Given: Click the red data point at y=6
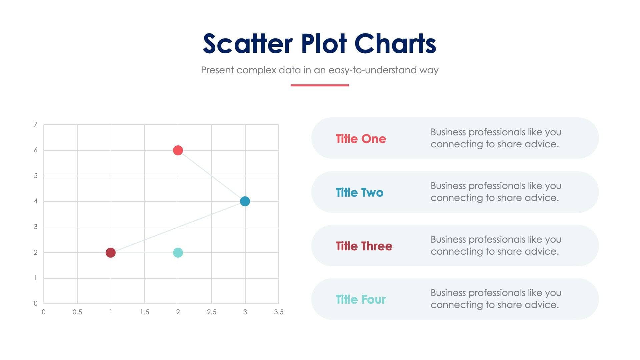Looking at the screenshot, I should pyautogui.click(x=178, y=150).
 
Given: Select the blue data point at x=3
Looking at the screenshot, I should pyautogui.click(x=245, y=201).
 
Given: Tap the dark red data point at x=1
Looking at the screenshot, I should pyautogui.click(x=111, y=253).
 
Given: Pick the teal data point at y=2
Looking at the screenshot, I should pyautogui.click(x=178, y=253).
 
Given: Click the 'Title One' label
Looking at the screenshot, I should pyautogui.click(x=361, y=139).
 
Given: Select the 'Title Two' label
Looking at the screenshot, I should pyautogui.click(x=359, y=192).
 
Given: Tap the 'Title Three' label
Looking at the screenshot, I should pyautogui.click(x=364, y=246).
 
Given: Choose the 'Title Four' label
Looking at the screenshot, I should pyautogui.click(x=360, y=299).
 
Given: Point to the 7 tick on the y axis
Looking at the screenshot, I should pyautogui.click(x=36, y=125).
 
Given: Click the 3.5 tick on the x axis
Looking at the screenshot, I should pyautogui.click(x=279, y=312).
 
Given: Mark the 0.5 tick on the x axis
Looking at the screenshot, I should pyautogui.click(x=77, y=312).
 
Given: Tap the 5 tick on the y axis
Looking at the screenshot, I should pyautogui.click(x=36, y=176).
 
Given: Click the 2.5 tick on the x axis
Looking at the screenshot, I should pyautogui.click(x=212, y=312).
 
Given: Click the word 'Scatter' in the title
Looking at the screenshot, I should pyautogui.click(x=248, y=44).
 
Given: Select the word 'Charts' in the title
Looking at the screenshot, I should pyautogui.click(x=395, y=44).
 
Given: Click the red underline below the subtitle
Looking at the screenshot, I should pyautogui.click(x=320, y=85).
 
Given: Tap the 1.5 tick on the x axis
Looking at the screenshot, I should pyautogui.click(x=144, y=312).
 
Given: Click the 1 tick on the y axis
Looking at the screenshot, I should pyautogui.click(x=36, y=278).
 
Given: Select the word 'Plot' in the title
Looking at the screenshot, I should pyautogui.click(x=324, y=44).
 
